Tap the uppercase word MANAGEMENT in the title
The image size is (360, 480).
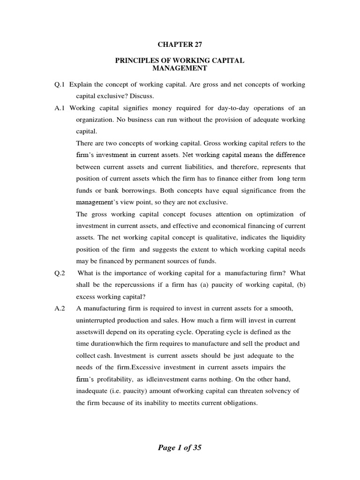(x=180, y=69)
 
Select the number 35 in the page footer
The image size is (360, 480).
(x=195, y=448)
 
